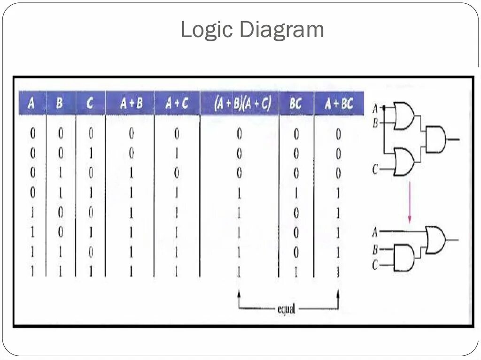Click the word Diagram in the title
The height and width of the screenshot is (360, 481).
pyautogui.click(x=281, y=30)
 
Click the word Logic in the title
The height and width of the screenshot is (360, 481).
pyautogui.click(x=207, y=30)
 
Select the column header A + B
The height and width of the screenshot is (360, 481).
pyautogui.click(x=131, y=103)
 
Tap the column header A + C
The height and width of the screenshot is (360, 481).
pyautogui.click(x=177, y=103)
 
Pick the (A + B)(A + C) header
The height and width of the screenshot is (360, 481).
pyautogui.click(x=240, y=103)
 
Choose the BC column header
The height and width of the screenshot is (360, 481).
pyautogui.click(x=296, y=103)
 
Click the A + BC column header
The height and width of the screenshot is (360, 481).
pyautogui.click(x=339, y=103)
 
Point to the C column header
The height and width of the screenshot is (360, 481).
pyautogui.click(x=90, y=103)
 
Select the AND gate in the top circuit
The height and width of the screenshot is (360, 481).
pyautogui.click(x=435, y=139)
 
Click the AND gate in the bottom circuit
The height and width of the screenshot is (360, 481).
pyautogui.click(x=403, y=258)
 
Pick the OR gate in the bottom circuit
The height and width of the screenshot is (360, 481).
pyautogui.click(x=435, y=239)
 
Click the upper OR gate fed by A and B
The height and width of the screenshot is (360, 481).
pyautogui.click(x=403, y=115)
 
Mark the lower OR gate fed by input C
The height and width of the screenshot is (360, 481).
pyautogui.click(x=403, y=162)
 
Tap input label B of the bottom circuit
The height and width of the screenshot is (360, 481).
pyautogui.click(x=375, y=249)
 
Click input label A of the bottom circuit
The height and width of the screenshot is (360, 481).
pyautogui.click(x=375, y=232)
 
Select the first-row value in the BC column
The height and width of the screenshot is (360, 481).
pyautogui.click(x=296, y=134)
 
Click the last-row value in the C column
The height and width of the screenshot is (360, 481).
pyautogui.click(x=90, y=271)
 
